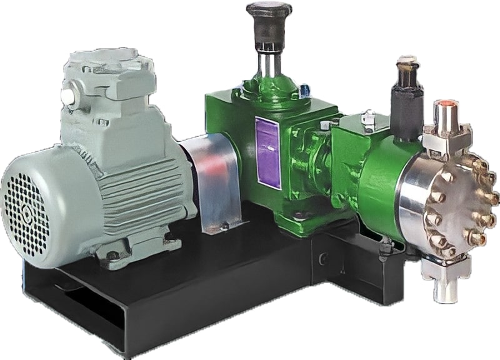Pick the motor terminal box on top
tap(106, 81)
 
